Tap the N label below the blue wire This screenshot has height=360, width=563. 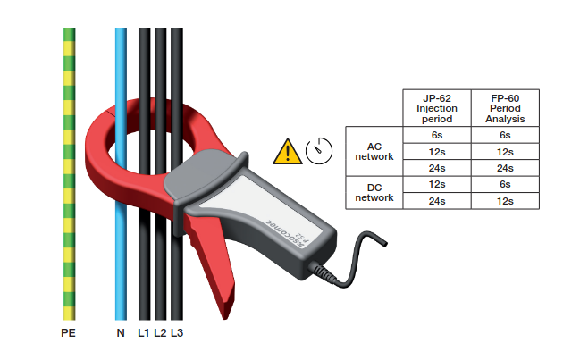(x=121, y=332)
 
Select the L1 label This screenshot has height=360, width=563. (x=144, y=332)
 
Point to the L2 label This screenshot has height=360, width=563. (x=160, y=332)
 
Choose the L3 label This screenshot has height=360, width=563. (x=177, y=332)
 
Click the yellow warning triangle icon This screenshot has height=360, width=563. (x=287, y=151)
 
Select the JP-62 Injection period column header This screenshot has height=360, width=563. (x=437, y=108)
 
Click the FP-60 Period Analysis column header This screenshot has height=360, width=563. (x=505, y=108)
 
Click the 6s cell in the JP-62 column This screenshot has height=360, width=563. (x=437, y=135)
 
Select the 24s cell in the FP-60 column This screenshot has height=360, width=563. (x=505, y=168)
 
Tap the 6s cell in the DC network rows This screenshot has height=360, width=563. (x=505, y=184)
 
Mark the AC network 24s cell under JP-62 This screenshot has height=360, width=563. (x=437, y=168)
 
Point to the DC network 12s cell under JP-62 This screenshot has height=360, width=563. (x=437, y=184)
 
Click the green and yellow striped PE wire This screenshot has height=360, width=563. (x=70, y=179)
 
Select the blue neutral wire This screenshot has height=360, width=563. (x=121, y=223)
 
